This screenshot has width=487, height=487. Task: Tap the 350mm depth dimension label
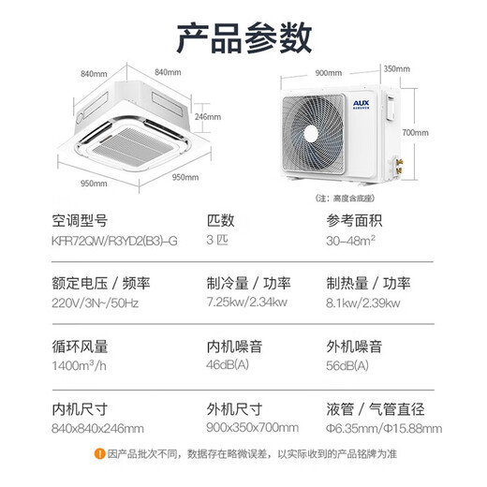pos(397,68)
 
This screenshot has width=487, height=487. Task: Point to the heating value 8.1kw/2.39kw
pos(362,303)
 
